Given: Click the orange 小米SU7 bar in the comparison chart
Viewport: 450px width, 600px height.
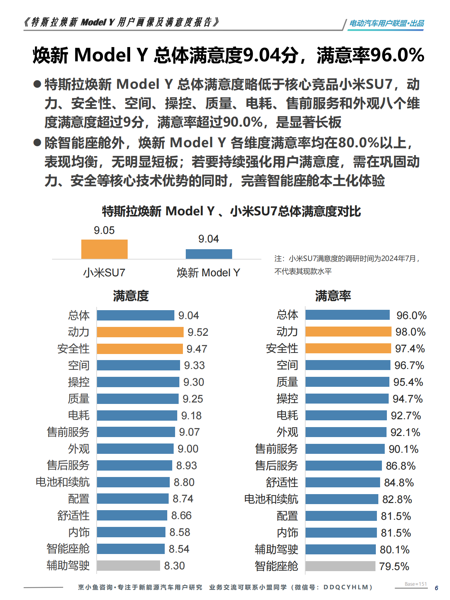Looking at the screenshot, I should click(x=104, y=249).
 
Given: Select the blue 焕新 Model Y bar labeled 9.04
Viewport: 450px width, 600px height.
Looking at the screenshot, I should click(x=209, y=254).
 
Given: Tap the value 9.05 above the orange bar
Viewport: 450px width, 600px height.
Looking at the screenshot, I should click(x=104, y=230).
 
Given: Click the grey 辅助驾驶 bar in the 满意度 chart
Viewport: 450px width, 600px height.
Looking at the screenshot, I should click(x=128, y=565).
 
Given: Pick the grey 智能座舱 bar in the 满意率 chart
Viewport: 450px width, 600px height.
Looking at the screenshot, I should click(x=340, y=566).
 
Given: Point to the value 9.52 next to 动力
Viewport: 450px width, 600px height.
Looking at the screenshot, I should click(x=198, y=332).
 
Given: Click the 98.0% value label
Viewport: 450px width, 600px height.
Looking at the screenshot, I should click(x=410, y=332).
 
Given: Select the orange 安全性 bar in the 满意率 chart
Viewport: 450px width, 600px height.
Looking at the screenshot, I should click(x=348, y=348).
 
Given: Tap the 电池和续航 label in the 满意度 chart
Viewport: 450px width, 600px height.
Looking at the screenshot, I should click(x=63, y=482).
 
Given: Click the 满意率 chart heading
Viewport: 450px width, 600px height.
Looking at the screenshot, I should click(x=333, y=296).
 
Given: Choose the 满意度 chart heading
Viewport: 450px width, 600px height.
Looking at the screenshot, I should click(x=131, y=296).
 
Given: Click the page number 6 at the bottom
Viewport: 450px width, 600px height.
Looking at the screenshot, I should click(x=436, y=588).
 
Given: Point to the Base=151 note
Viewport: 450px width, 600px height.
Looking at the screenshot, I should click(x=415, y=584).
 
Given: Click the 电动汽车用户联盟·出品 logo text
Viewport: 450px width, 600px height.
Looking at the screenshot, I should click(x=386, y=24).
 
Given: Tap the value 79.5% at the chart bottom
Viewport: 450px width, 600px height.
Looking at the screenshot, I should click(x=394, y=566).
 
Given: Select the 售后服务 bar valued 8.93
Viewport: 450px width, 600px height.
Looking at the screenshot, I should click(x=134, y=465).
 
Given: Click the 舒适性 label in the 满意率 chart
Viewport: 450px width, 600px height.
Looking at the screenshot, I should click(x=282, y=482).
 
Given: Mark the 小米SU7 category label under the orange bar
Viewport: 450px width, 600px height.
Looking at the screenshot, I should click(x=104, y=273).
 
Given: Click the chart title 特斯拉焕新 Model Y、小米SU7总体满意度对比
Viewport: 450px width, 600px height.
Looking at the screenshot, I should click(x=231, y=211).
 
